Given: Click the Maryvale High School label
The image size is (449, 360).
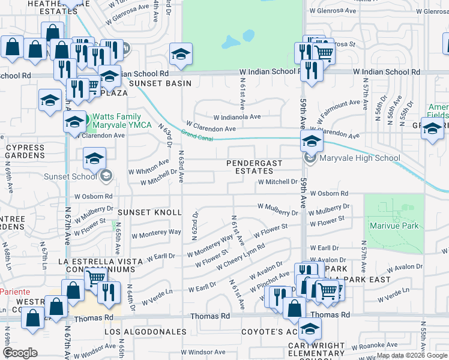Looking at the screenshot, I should click(359, 158).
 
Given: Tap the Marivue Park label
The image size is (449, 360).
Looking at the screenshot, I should click(394, 226).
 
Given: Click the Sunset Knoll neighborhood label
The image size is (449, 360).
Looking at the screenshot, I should click(149, 212).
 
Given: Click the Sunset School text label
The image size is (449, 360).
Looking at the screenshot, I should click(70, 176).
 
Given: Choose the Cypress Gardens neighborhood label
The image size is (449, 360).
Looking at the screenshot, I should click(25, 151).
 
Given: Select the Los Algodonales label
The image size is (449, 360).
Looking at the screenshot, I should click(146, 331).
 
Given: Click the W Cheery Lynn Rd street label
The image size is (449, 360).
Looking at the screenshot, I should click(240, 257).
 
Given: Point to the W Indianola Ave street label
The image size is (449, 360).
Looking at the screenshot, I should click(237, 117).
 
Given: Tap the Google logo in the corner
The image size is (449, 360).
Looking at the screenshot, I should click(20, 353).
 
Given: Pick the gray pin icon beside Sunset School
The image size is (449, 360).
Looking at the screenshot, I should click(106, 175).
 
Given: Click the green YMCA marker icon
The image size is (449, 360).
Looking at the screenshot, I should click(87, 121).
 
